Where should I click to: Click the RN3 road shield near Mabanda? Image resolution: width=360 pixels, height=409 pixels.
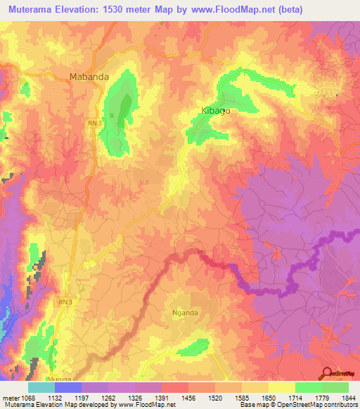click(96, 123)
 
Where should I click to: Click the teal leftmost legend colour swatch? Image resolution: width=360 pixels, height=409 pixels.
click(41, 387)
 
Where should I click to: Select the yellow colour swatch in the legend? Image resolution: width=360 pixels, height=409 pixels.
click(281, 387)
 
